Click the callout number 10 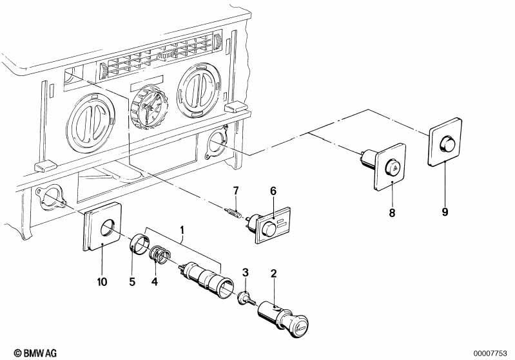(x=102, y=282)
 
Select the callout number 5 (x=132, y=282)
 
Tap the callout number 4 (x=154, y=281)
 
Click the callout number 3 (x=246, y=272)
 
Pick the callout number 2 (x=273, y=273)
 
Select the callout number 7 (x=236, y=191)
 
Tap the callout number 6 (x=273, y=191)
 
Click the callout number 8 (x=392, y=213)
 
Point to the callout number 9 (x=445, y=212)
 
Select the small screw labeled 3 (x=246, y=299)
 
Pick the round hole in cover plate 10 (x=108, y=227)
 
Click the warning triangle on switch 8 (x=394, y=169)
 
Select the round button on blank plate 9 (x=447, y=144)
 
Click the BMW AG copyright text (x=35, y=353)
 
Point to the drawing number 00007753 (x=491, y=354)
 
